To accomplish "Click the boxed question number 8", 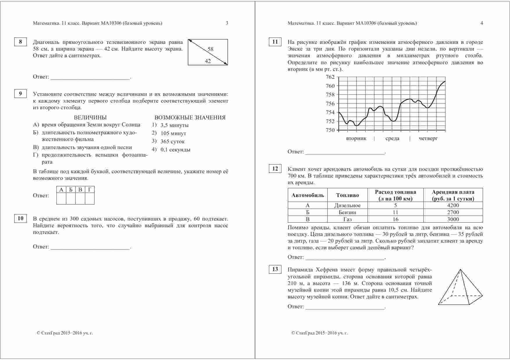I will click(x=20, y=42).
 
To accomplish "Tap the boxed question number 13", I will click(x=275, y=269).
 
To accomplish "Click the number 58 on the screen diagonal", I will click(x=211, y=49).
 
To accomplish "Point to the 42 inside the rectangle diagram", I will click(x=208, y=61).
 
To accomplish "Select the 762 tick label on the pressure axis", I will click(x=330, y=77).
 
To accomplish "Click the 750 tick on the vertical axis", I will click(x=330, y=130).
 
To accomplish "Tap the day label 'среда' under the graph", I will click(x=392, y=139).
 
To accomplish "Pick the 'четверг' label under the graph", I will click(x=428, y=139).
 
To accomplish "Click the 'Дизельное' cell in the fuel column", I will click(x=347, y=205).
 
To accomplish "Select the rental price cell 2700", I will click(x=453, y=212).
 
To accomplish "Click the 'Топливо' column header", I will click(x=347, y=195).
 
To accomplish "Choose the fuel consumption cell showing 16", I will click(x=395, y=219).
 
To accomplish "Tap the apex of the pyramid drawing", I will click(x=460, y=269).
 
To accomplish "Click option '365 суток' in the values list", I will click(x=172, y=142).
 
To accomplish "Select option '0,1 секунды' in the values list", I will click(x=175, y=150).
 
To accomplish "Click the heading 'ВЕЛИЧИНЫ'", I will click(x=90, y=118).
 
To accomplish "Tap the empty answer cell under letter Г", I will click(x=90, y=199).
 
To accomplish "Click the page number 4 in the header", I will click(x=482, y=23).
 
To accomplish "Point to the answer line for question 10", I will click(x=90, y=247).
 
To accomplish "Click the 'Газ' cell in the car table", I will click(x=347, y=219).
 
